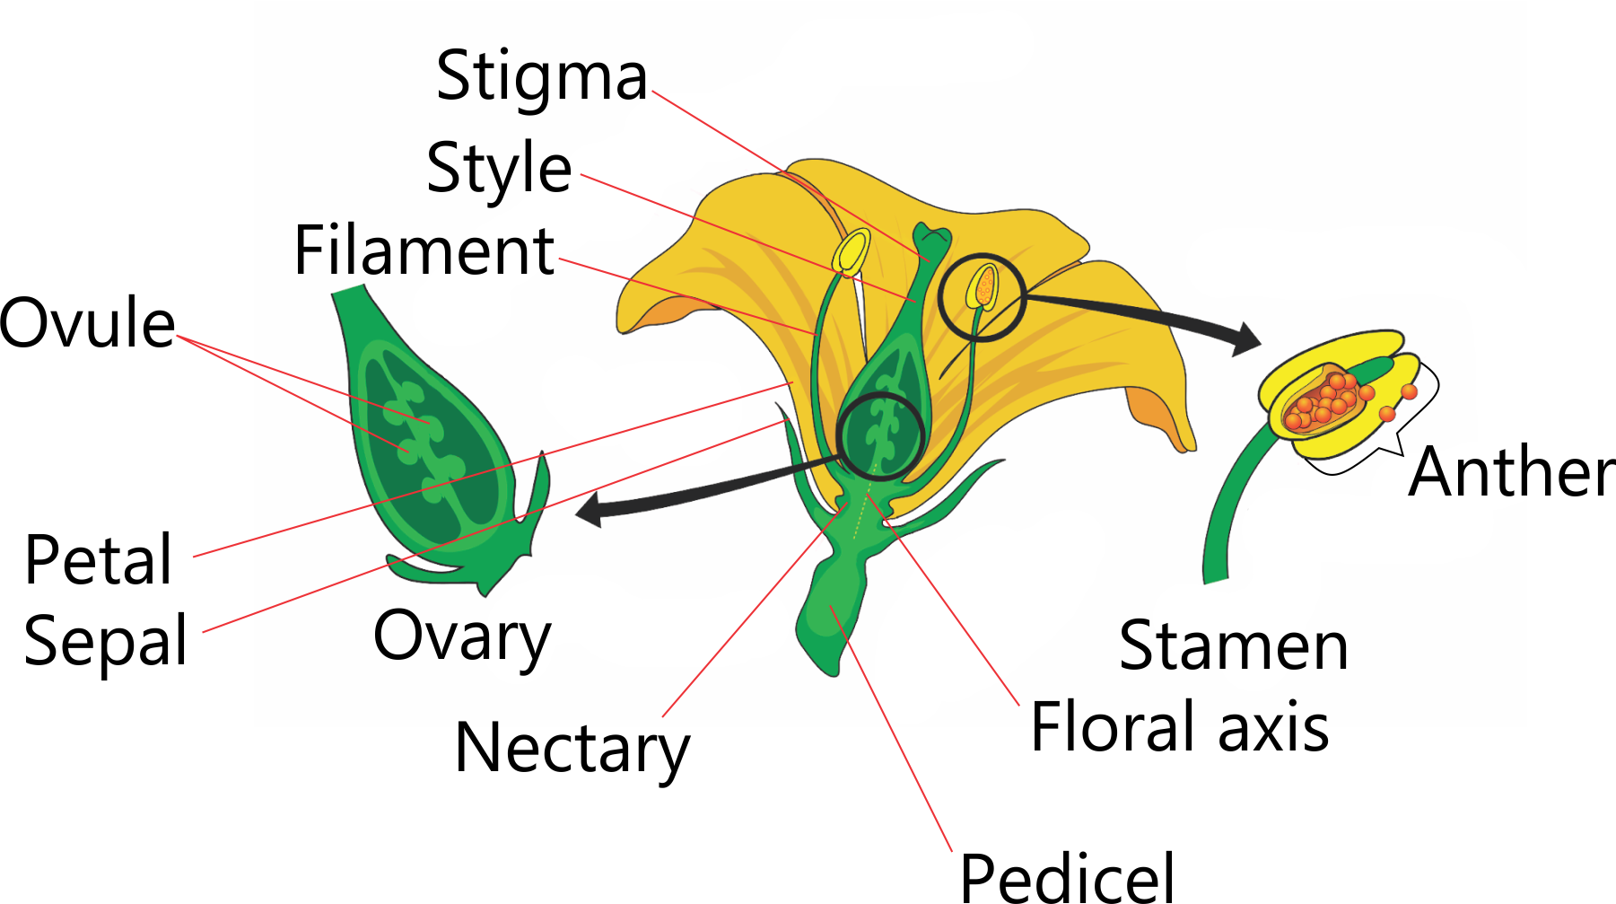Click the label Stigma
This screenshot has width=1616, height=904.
pos(541,77)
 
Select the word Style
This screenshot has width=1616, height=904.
pos(499,169)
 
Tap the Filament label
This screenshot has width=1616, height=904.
pos(424,250)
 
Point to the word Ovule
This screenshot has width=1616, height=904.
pos(87,323)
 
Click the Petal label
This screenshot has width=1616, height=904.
pos(98,560)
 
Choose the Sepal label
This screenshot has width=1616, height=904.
pos(106,641)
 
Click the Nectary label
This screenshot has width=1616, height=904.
pos(572,749)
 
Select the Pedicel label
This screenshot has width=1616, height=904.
pos(1067,876)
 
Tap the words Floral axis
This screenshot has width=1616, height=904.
pos(1179,727)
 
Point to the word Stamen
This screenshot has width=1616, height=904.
pos(1234,646)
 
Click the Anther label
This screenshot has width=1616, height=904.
pos(1511,472)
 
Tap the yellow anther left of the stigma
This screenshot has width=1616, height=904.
pos(852,252)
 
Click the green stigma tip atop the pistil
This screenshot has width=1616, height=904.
pos(932,240)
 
